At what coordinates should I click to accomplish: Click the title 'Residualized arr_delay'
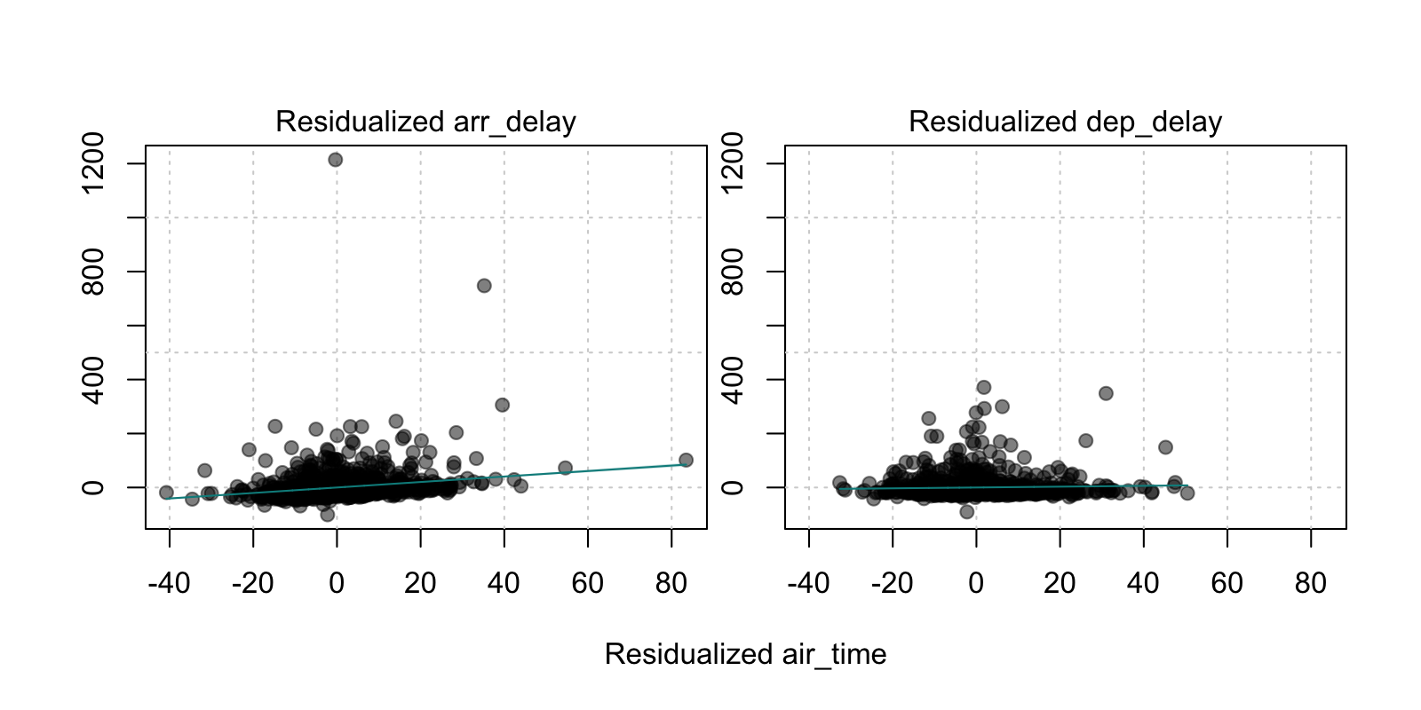tap(425, 122)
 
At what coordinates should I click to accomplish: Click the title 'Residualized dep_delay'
tap(1065, 122)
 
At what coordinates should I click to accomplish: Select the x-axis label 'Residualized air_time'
tap(745, 654)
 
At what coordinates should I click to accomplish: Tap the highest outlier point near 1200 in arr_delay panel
tap(335, 160)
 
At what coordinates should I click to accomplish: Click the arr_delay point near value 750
tap(484, 286)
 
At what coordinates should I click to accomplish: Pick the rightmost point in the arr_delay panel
tap(686, 461)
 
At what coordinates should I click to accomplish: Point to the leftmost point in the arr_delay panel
tap(166, 493)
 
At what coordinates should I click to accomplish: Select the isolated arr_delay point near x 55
tap(565, 468)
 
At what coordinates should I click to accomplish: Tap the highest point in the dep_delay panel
tap(984, 387)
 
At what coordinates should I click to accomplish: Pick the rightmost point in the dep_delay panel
tap(1187, 493)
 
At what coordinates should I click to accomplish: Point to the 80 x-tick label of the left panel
tap(671, 583)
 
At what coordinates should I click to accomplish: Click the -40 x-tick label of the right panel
tap(808, 583)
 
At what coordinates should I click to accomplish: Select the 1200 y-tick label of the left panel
tap(92, 163)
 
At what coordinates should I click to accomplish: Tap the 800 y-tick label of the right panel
tap(732, 272)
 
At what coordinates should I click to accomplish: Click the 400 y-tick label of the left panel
tap(92, 380)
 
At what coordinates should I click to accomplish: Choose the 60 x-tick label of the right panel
tap(1227, 583)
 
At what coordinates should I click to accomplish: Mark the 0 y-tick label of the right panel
tap(732, 487)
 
